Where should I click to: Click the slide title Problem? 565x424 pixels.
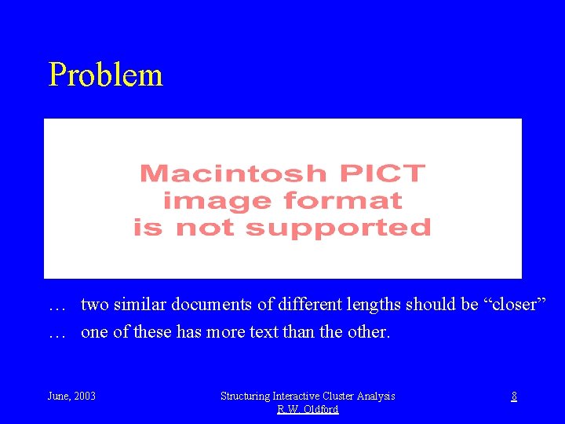[105, 75]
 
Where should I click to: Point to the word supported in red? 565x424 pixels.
[337, 228]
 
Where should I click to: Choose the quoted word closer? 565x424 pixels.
[514, 305]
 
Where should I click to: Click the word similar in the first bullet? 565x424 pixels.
[141, 305]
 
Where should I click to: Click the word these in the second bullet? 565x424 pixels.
[152, 332]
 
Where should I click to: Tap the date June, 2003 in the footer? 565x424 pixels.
[72, 397]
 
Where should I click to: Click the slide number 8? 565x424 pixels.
[514, 397]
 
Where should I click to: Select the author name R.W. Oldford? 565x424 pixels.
[308, 410]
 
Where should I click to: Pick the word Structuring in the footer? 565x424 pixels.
[246, 397]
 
